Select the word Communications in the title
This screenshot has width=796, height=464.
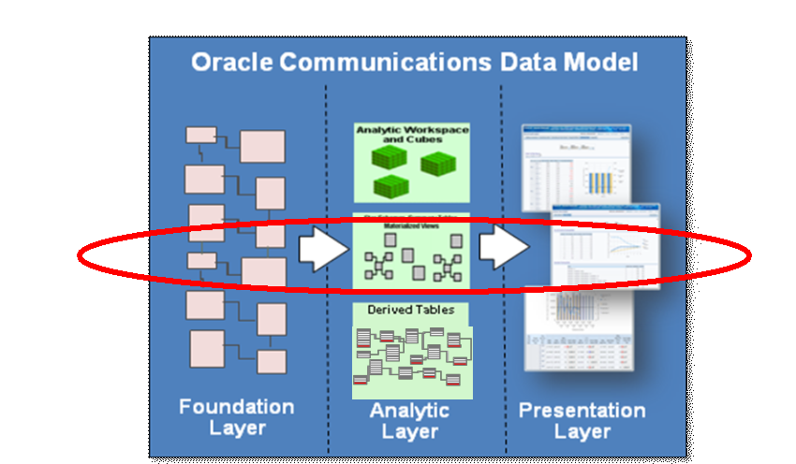click(378, 63)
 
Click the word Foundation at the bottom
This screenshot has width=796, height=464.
click(236, 407)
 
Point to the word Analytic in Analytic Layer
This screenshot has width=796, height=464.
click(409, 411)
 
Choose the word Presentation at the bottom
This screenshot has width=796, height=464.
click(582, 411)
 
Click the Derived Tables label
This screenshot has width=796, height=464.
click(410, 310)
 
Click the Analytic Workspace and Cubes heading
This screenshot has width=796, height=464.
click(412, 134)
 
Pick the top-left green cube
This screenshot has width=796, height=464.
click(385, 156)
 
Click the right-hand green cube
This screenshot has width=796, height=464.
click(438, 166)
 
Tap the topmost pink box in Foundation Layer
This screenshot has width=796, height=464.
click(200, 134)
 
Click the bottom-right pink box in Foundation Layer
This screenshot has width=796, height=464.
click(272, 361)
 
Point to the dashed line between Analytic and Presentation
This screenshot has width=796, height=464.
click(501, 187)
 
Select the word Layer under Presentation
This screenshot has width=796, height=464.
click(582, 431)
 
